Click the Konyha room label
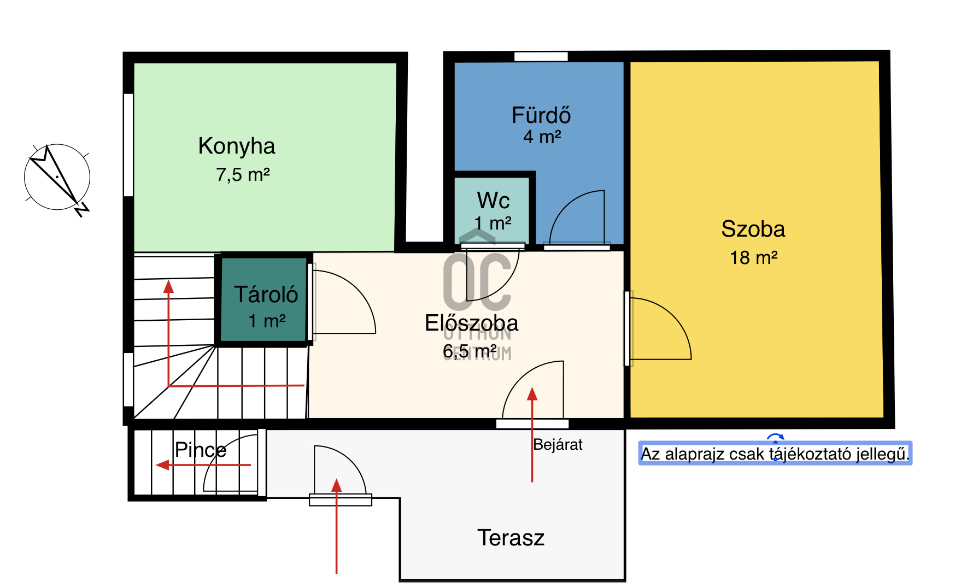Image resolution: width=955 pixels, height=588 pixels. tap(237, 146)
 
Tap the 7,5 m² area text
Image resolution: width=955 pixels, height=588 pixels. tap(243, 175)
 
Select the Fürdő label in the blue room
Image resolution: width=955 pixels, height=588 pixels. tap(541, 115)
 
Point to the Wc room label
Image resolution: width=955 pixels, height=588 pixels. tap(493, 201)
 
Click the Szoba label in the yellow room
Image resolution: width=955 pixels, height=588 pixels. tap(753, 229)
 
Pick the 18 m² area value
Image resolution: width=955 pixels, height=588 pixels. tap(754, 257)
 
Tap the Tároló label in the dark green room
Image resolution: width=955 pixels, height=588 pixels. tap(266, 295)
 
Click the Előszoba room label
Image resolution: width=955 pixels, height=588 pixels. tap(471, 323)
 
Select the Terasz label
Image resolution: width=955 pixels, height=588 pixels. tap(511, 538)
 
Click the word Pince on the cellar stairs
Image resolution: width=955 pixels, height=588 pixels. tap(201, 450)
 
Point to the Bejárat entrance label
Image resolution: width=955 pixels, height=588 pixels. tap(558, 445)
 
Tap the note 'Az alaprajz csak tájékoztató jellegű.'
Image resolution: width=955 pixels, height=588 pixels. tap(775, 454)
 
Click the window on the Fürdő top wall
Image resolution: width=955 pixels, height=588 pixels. tap(541, 56)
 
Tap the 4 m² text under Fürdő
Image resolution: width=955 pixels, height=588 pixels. tap(542, 137)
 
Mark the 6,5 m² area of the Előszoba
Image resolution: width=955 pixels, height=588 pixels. tap(470, 351)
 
